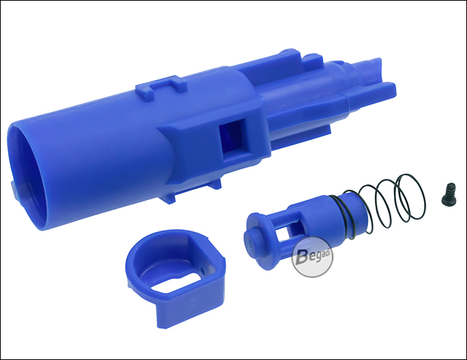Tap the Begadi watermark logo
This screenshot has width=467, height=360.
[312, 257]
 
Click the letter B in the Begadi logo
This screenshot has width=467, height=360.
[302, 256]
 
